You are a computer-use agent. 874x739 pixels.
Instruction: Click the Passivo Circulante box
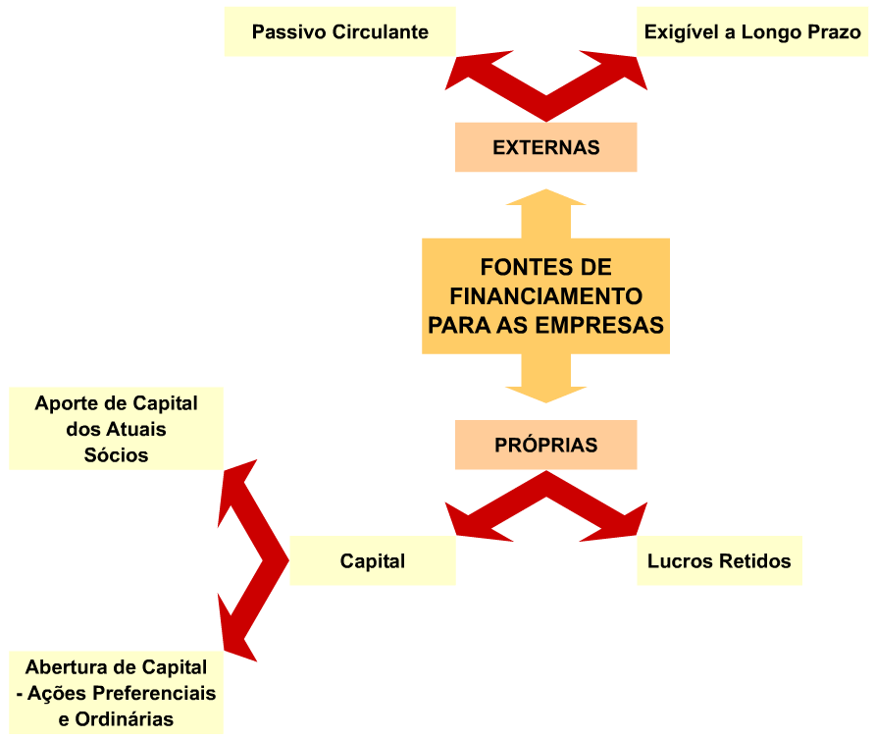pyautogui.click(x=339, y=32)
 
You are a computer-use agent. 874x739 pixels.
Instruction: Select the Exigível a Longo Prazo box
pyautogui.click(x=752, y=32)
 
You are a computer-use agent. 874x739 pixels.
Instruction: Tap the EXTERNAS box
pyautogui.click(x=545, y=148)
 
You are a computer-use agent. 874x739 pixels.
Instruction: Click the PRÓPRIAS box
pyautogui.click(x=545, y=446)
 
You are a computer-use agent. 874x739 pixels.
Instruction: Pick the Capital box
pyautogui.click(x=373, y=561)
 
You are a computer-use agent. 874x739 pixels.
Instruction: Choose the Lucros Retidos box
pyautogui.click(x=719, y=561)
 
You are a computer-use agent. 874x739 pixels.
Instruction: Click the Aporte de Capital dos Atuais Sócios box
pyautogui.click(x=116, y=429)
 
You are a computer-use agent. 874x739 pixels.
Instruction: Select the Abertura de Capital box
pyautogui.click(x=116, y=693)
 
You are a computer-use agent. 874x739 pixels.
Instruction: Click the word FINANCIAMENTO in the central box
pyautogui.click(x=545, y=295)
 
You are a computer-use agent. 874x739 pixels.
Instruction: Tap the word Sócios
pyautogui.click(x=116, y=455)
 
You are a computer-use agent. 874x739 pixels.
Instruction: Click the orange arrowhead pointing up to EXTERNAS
pyautogui.click(x=545, y=197)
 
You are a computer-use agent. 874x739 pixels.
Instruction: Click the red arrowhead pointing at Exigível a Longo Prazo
pyautogui.click(x=629, y=74)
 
